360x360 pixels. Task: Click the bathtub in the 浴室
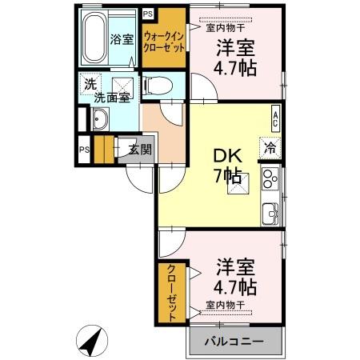click(x=94, y=38)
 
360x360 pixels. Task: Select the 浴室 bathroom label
click(x=122, y=39)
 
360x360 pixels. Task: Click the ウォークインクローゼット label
click(x=164, y=42)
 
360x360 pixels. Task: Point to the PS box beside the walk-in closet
click(x=148, y=14)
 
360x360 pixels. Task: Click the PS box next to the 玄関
click(x=84, y=150)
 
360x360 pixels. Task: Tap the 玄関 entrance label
click(x=140, y=150)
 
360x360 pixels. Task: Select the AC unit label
click(x=276, y=118)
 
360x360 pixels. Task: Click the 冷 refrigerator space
click(x=270, y=148)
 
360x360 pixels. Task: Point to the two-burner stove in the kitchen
click(x=270, y=179)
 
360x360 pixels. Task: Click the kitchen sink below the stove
click(x=270, y=214)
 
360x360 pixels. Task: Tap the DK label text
click(x=227, y=156)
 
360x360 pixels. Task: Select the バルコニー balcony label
click(x=234, y=341)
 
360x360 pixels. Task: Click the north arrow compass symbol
click(x=92, y=341)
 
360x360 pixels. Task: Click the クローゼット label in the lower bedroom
click(x=171, y=294)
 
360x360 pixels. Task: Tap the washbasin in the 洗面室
click(x=100, y=119)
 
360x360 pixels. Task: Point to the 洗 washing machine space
click(x=90, y=84)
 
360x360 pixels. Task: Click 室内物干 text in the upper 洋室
click(x=226, y=27)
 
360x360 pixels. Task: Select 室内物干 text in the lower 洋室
click(x=226, y=305)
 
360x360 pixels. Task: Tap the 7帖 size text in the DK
click(x=228, y=176)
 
